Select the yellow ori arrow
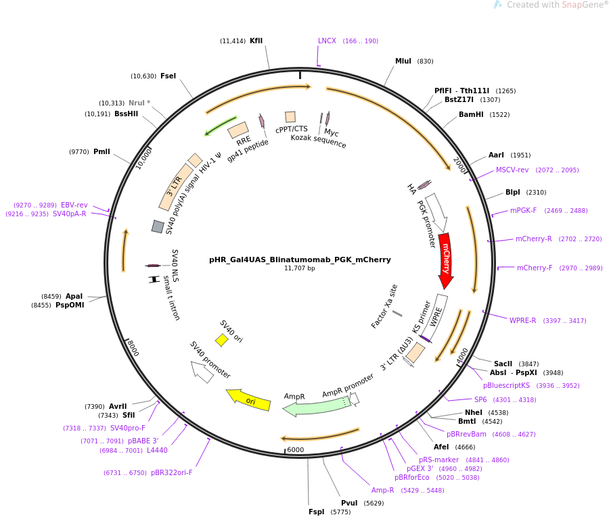[248, 400]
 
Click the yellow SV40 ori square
[221, 340]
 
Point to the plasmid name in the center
[300, 260]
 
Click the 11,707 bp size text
[300, 268]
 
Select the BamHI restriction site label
[471, 114]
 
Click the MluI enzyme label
[403, 61]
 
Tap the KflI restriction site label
[256, 41]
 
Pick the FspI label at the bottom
[316, 512]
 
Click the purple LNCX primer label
[327, 41]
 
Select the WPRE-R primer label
[523, 320]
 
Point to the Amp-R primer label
[382, 490]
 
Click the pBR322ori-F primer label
[172, 472]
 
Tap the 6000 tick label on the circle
[296, 449]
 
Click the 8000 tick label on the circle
[133, 348]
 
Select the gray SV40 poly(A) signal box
[157, 226]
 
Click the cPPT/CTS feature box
[290, 117]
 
